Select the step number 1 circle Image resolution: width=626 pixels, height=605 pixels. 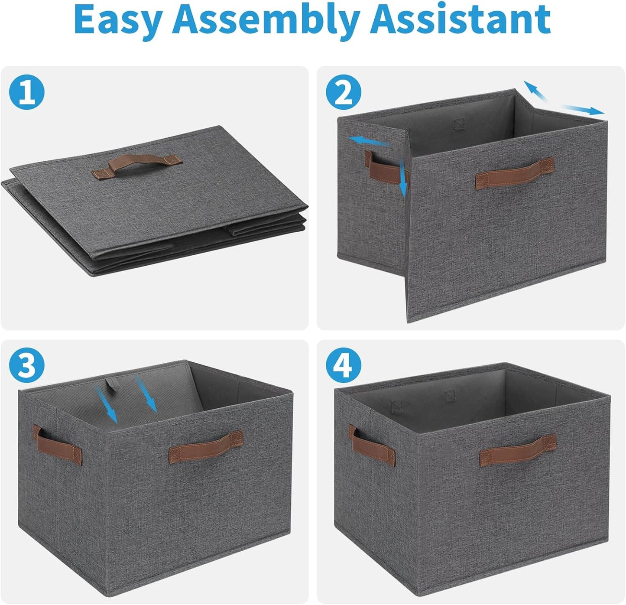click(x=27, y=92)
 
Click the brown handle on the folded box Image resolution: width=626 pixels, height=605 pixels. click(x=137, y=166)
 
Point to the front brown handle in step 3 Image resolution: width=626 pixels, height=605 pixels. click(x=206, y=446)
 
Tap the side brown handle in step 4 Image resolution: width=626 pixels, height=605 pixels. click(x=373, y=444)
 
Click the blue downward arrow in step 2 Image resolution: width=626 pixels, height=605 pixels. click(x=402, y=178)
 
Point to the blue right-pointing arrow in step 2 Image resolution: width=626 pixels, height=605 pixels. click(x=583, y=109)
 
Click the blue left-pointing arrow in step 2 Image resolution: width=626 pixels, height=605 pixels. click(x=370, y=141)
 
